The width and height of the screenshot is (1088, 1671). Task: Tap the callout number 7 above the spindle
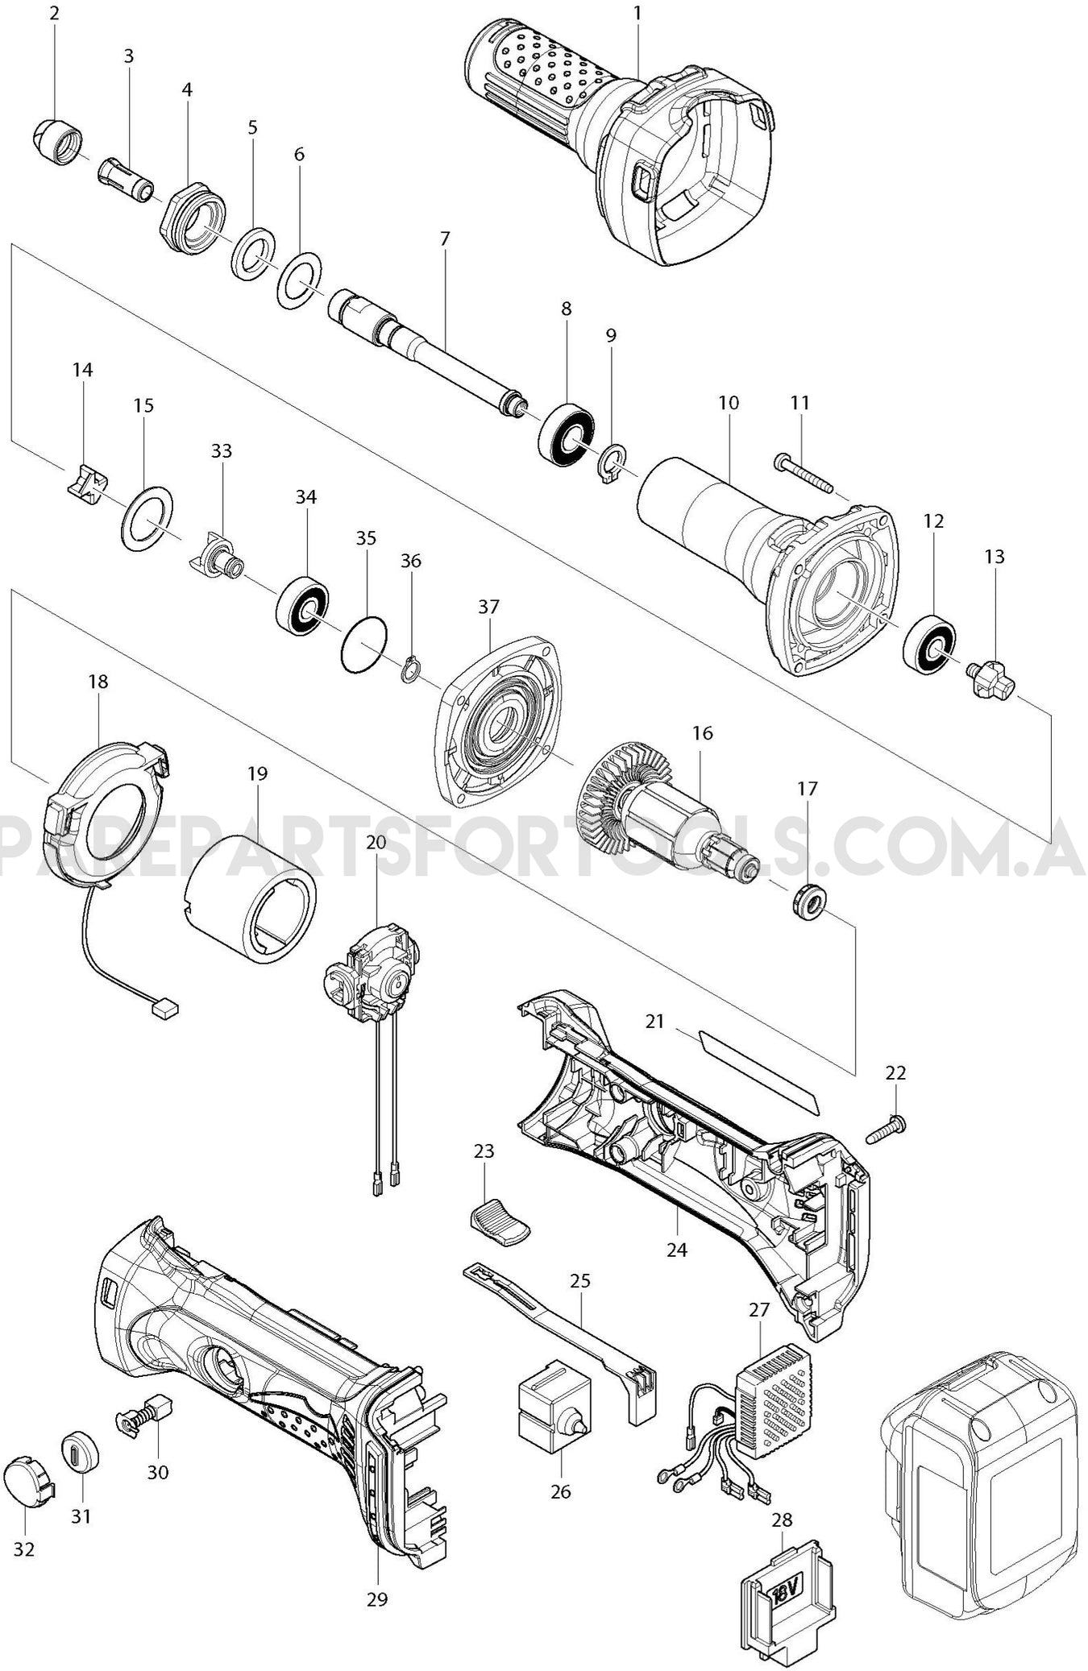click(x=446, y=238)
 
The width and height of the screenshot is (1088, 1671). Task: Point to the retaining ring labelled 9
click(x=612, y=463)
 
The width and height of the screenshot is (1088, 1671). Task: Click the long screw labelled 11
click(x=807, y=472)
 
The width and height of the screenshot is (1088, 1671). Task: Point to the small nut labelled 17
click(x=807, y=900)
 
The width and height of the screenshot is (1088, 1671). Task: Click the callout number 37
click(x=489, y=606)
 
